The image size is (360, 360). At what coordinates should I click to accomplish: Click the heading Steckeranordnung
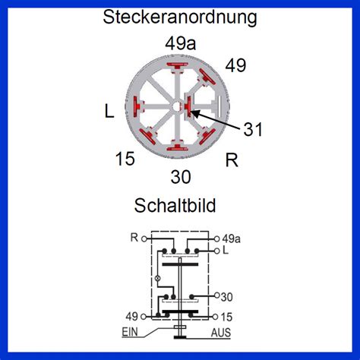point(180,17)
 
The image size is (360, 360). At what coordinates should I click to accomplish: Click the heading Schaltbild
point(175,205)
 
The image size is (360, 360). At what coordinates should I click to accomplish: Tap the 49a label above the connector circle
point(181,43)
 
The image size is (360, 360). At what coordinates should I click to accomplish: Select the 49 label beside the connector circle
point(235,65)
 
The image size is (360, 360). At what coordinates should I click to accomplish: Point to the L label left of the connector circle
point(109,112)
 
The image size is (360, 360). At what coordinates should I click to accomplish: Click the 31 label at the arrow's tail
point(253,129)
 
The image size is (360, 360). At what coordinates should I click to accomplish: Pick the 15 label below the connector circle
point(125,159)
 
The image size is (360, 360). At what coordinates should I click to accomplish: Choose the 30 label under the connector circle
point(181,177)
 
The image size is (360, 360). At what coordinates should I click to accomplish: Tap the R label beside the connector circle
point(232,160)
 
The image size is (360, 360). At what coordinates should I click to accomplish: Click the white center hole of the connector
point(177,106)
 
